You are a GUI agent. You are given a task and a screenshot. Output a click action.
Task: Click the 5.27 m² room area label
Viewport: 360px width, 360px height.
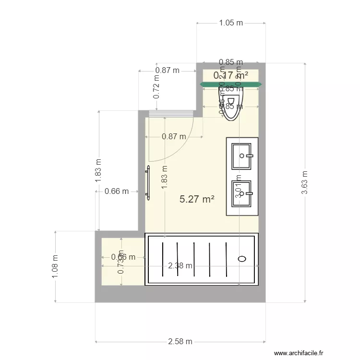(x=196, y=199)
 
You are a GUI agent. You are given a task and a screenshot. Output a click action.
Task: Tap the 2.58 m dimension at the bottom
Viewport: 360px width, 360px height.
(x=180, y=342)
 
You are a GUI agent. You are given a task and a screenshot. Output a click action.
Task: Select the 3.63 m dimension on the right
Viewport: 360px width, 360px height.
(x=304, y=182)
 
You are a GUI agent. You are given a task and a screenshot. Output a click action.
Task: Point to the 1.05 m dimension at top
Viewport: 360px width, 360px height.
(x=231, y=23)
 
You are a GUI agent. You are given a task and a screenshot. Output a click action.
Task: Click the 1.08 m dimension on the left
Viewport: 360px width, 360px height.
(x=56, y=266)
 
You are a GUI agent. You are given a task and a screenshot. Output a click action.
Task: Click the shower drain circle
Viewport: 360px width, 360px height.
(x=242, y=259)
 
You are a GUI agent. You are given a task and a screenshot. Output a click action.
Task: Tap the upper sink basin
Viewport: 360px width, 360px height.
(x=242, y=156)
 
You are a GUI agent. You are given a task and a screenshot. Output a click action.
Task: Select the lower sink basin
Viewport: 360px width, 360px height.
(x=242, y=193)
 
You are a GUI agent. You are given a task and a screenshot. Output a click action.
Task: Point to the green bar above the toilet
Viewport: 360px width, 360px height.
(x=231, y=84)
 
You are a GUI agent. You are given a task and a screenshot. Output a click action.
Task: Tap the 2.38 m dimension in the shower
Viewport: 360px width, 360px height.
(x=180, y=265)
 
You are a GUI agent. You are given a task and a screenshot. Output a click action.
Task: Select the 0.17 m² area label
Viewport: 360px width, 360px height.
(x=231, y=75)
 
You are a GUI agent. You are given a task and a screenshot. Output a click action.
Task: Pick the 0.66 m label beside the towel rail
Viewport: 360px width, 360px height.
(x=116, y=191)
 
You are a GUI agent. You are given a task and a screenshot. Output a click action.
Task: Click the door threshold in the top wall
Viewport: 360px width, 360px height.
(x=170, y=114)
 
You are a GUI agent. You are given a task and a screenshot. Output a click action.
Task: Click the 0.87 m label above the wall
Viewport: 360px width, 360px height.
(x=167, y=70)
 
